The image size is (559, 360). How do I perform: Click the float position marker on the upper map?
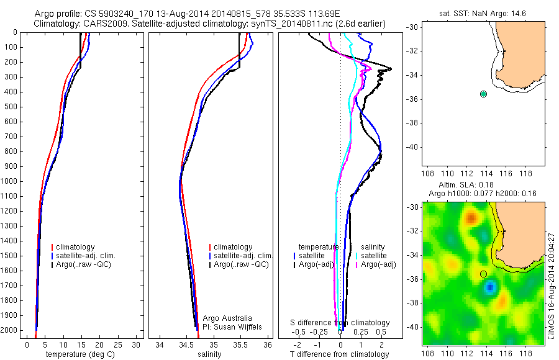pyautogui.click(x=484, y=94)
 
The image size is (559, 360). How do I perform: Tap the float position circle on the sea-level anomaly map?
pyautogui.click(x=484, y=274)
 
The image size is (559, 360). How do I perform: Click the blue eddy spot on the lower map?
pyautogui.click(x=490, y=286)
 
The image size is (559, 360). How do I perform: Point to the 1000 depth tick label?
pyautogui.click(x=11, y=181)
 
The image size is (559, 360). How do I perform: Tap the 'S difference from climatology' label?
pyautogui.click(x=340, y=323)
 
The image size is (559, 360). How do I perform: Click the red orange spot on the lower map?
pyautogui.click(x=471, y=218)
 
